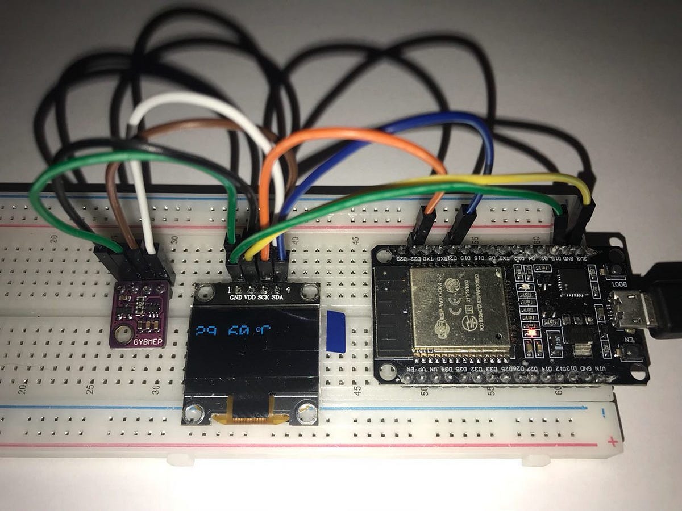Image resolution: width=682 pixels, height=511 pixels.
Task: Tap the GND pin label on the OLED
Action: (235, 296)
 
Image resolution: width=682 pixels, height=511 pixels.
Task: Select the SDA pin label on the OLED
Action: (278, 296)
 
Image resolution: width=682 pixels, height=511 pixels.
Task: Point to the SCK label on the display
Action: (264, 296)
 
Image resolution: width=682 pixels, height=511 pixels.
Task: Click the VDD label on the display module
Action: (250, 296)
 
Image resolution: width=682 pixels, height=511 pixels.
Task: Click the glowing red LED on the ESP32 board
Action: (530, 332)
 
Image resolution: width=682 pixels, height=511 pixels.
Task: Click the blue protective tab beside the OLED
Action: (336, 331)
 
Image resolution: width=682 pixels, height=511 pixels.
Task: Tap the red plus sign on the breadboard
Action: (612, 441)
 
